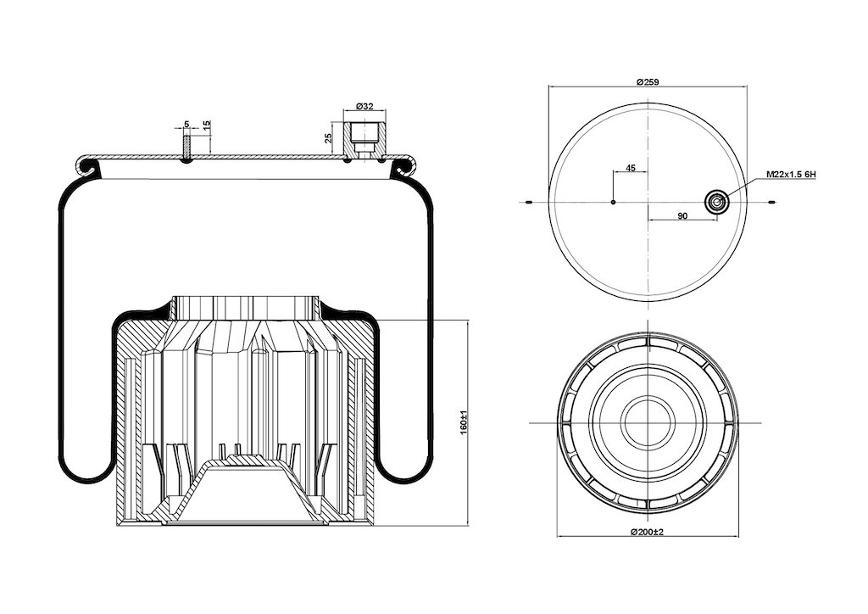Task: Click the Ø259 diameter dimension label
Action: coord(647,82)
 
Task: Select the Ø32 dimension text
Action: coord(364,106)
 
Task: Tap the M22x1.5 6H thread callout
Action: coord(791,175)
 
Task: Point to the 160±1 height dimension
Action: coord(464,421)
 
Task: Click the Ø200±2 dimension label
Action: coord(647,532)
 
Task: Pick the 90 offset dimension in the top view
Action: coord(682,216)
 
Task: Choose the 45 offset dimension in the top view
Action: coord(630,168)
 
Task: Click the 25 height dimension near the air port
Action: coord(328,138)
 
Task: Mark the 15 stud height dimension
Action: coord(207,126)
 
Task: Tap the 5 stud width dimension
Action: coord(186,125)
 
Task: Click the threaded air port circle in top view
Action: coord(715,203)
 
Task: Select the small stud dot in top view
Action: coord(613,202)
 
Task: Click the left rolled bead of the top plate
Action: coord(86,165)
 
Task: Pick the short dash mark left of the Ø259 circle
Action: coord(528,202)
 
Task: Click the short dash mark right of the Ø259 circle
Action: coord(772,202)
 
